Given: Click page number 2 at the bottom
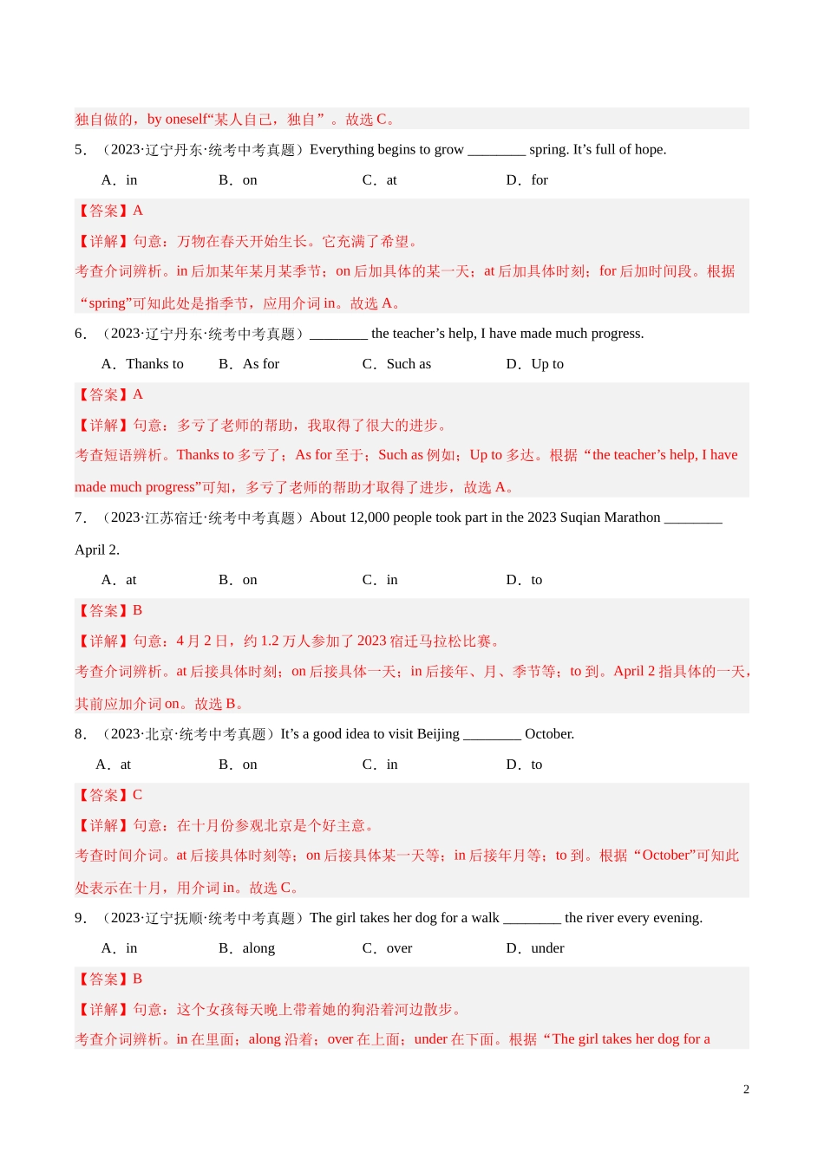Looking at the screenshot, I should pyautogui.click(x=746, y=1090).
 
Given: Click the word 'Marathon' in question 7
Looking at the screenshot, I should pyautogui.click(x=633, y=517).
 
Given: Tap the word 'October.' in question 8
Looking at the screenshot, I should pyautogui.click(x=549, y=734).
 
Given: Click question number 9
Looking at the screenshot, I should pyautogui.click(x=80, y=918).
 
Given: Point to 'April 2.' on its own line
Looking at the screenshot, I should pyautogui.click(x=97, y=550).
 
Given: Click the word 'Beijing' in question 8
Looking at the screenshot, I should pyautogui.click(x=438, y=734).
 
